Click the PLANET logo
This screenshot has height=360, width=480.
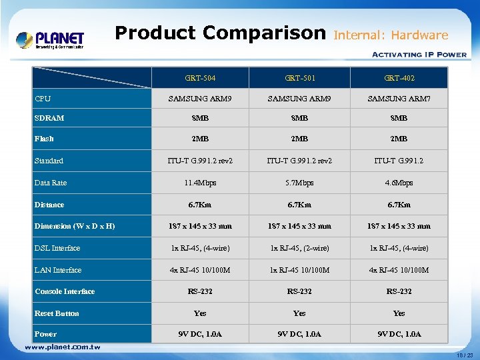(x=50, y=39)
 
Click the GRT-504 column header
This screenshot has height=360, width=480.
(x=200, y=78)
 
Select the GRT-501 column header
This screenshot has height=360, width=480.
(x=299, y=78)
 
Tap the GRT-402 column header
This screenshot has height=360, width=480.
(x=399, y=78)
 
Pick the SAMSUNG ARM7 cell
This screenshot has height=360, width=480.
(x=399, y=99)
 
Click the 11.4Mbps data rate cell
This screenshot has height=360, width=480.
(x=200, y=183)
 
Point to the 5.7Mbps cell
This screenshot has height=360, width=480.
(x=299, y=183)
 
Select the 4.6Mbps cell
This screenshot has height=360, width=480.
(x=399, y=183)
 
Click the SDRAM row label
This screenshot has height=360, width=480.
(x=49, y=118)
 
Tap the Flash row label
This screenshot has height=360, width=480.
(x=44, y=139)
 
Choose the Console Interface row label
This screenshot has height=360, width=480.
(x=65, y=291)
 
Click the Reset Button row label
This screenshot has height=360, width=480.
(x=57, y=313)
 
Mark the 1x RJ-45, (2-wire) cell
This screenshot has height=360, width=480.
(x=299, y=248)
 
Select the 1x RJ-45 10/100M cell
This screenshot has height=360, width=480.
(x=299, y=270)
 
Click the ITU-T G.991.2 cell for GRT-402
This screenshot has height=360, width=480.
(x=399, y=161)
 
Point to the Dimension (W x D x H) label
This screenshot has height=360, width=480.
(x=75, y=226)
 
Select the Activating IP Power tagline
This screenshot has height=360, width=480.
(x=418, y=55)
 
